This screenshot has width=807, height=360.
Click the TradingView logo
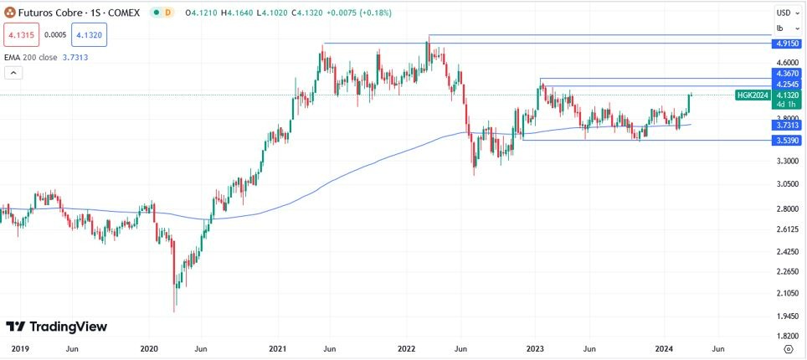56,327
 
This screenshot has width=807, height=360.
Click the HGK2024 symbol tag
753,95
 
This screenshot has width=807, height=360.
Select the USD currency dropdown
788,13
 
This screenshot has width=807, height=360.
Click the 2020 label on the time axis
149,347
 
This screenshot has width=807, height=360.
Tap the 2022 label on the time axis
407,347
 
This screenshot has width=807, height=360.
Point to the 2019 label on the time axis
19,347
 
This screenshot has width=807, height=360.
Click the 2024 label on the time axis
664,347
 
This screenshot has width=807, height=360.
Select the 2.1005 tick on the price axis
789,292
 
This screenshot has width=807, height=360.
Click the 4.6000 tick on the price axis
789,63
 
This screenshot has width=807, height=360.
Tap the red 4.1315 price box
21,35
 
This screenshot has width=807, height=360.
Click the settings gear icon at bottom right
788,347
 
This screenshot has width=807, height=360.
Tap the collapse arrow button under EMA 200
13,73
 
